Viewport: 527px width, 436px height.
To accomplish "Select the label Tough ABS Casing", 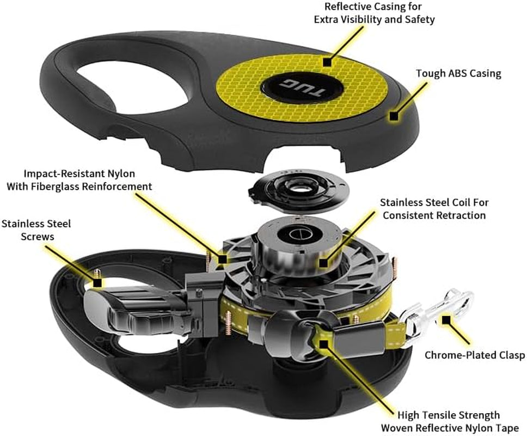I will point(458,74).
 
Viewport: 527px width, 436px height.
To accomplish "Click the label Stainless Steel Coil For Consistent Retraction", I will point(434,209).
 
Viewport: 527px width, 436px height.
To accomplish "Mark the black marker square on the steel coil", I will point(323,263).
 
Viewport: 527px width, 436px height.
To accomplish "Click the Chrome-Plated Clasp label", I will point(474,355).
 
